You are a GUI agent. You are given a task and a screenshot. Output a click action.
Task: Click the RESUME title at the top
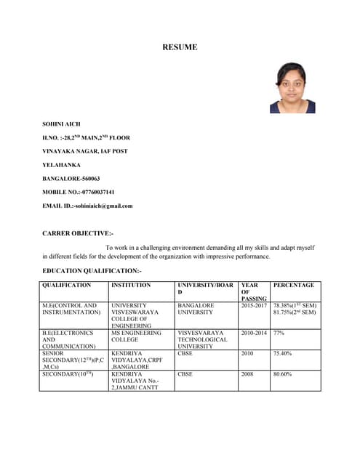180,48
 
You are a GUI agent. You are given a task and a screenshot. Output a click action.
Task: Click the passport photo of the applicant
292,87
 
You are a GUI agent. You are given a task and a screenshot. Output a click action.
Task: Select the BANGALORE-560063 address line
71,178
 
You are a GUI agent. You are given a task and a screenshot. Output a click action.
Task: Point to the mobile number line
79,192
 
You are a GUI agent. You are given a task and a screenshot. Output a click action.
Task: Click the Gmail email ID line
88,206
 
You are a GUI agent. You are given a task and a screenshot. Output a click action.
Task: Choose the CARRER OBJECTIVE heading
79,233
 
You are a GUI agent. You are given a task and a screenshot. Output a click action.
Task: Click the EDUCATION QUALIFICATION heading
92,270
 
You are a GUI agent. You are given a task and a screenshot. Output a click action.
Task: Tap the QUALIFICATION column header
67,286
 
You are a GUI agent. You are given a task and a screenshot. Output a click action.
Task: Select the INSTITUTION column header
132,286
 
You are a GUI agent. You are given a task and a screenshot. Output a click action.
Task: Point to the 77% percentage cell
279,333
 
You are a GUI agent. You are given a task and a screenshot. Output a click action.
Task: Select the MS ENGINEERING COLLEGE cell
137,336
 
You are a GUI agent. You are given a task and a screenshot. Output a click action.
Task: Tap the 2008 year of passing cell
248,374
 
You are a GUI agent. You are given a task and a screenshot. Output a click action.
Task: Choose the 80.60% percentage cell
283,374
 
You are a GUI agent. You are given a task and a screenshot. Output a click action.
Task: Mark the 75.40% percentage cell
283,354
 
